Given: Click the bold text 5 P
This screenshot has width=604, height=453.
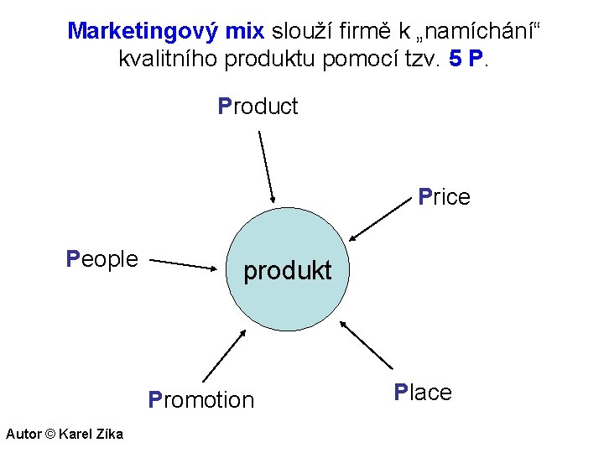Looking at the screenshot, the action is [x=465, y=60].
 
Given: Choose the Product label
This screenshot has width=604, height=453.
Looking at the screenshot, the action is [x=258, y=107].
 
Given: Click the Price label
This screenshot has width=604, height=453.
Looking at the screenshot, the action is [x=444, y=197].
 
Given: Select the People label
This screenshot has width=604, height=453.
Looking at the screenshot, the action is [x=102, y=258].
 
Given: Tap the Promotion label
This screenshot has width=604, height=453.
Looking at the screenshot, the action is [x=200, y=400].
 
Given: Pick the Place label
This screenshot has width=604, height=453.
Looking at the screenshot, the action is [x=423, y=393].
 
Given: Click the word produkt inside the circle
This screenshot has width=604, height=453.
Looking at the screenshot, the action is [x=287, y=271].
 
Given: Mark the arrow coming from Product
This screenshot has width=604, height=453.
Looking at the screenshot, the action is [x=266, y=166].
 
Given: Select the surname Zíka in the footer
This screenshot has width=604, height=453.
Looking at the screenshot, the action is [x=107, y=434].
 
